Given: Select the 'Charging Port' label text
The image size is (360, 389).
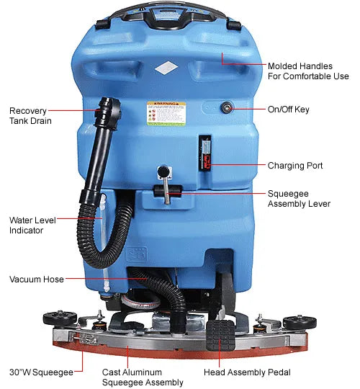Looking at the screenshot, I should (x=294, y=166).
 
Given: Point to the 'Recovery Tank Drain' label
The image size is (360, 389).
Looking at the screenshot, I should (x=30, y=115).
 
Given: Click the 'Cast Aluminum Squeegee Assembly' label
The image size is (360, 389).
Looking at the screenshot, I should (x=143, y=377).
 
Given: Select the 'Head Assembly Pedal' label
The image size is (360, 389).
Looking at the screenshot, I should (x=243, y=372).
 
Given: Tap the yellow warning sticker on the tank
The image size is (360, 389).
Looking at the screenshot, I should (x=166, y=113).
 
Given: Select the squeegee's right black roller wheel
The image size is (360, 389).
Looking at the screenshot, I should (x=294, y=321).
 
